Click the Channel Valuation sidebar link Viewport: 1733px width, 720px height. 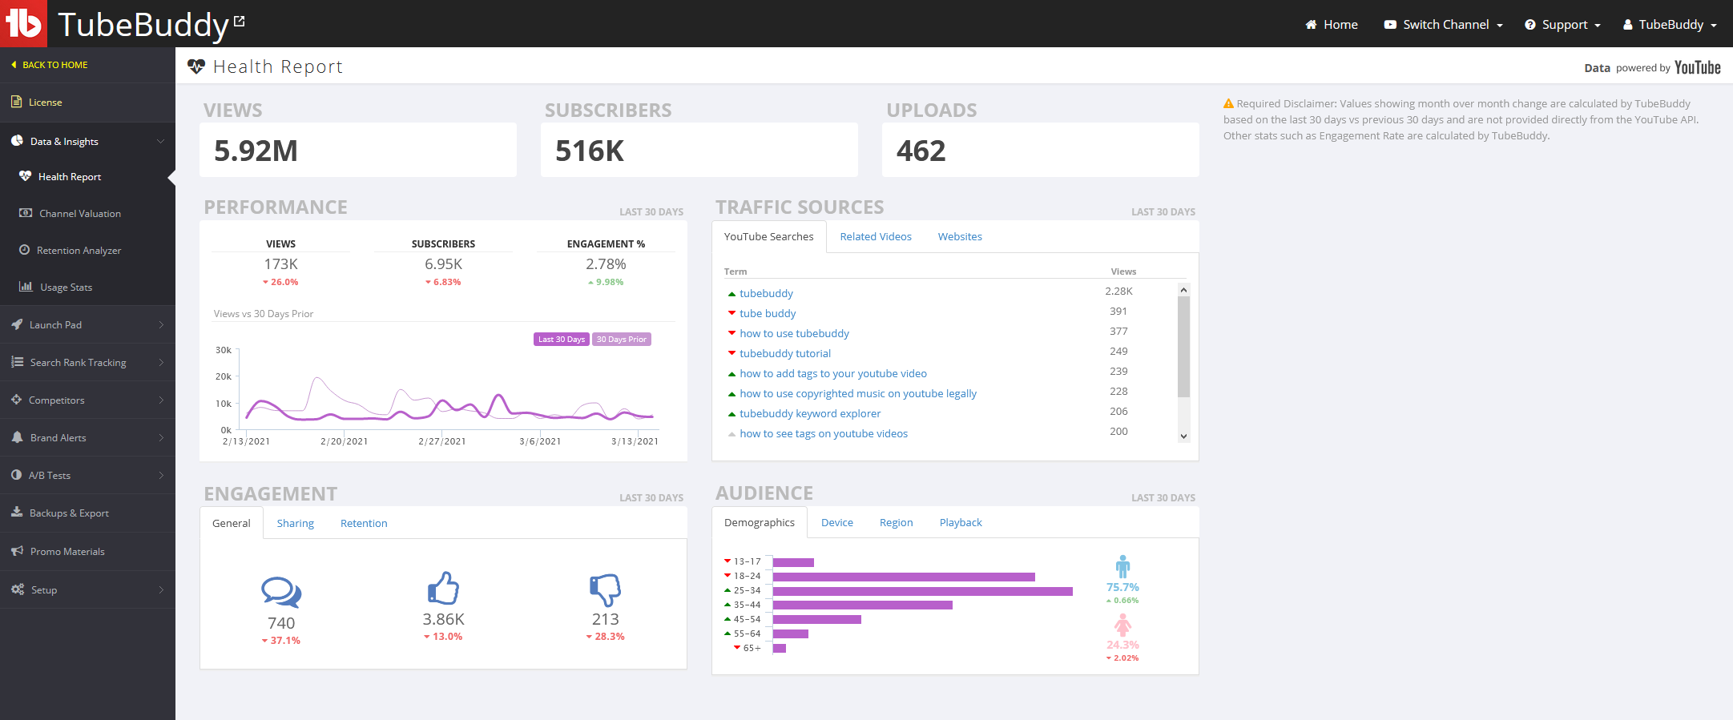click(x=79, y=214)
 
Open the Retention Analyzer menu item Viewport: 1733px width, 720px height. click(x=79, y=251)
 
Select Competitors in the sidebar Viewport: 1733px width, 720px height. click(x=56, y=400)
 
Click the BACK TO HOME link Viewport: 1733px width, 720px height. click(x=54, y=65)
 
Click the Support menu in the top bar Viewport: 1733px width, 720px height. click(x=1563, y=25)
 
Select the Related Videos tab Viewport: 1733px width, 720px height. click(x=876, y=237)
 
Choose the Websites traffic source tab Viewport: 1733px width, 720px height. click(x=960, y=237)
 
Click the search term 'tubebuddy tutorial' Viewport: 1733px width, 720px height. click(x=785, y=354)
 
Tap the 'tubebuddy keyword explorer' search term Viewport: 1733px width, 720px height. click(x=810, y=414)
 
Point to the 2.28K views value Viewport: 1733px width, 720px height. click(x=1118, y=292)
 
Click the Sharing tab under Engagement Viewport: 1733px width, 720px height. click(x=296, y=524)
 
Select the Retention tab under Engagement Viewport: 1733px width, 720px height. click(x=364, y=524)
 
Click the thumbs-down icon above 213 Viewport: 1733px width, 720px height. click(x=606, y=589)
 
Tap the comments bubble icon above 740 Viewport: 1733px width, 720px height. click(x=281, y=592)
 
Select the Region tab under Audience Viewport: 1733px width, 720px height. click(x=896, y=523)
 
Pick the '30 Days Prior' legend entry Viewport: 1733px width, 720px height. click(x=622, y=340)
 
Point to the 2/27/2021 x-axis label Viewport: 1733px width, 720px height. click(x=442, y=441)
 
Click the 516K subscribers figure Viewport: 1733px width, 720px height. click(x=590, y=151)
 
